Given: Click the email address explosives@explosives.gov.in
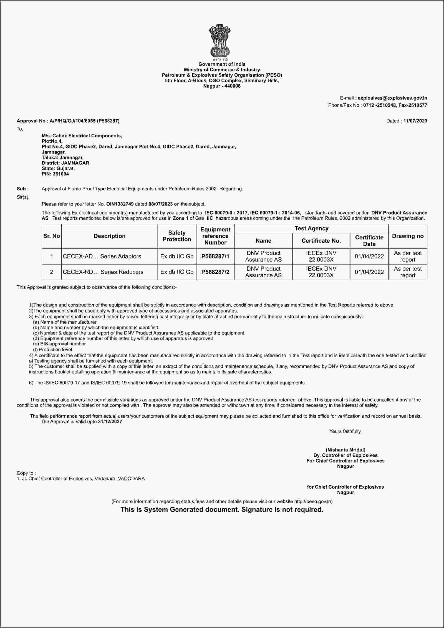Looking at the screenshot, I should tap(392, 98).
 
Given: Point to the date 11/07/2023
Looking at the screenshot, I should tap(415, 121).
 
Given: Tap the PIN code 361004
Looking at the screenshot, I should tap(59, 174).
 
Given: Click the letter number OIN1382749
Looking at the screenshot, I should tap(120, 204).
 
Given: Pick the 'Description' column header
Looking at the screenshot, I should tap(109, 236).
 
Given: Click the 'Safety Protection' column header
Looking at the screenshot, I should tap(177, 236).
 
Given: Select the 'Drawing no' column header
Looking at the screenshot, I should tap(408, 236).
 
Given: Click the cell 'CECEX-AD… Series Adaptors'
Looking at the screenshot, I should tap(102, 256).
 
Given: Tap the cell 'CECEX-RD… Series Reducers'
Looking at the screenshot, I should tap(103, 272).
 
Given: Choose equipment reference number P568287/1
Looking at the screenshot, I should tap(215, 256).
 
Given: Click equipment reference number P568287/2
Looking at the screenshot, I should tap(215, 272).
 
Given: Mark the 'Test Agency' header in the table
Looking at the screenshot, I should tap(311, 228).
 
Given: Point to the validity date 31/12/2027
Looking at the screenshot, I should tap(110, 421).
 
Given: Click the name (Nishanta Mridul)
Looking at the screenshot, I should tap(345, 450).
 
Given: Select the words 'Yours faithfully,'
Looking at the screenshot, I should tap(345, 431).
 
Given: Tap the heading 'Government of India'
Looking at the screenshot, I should tap(222, 64).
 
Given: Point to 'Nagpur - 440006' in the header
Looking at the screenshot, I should tap(222, 86).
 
